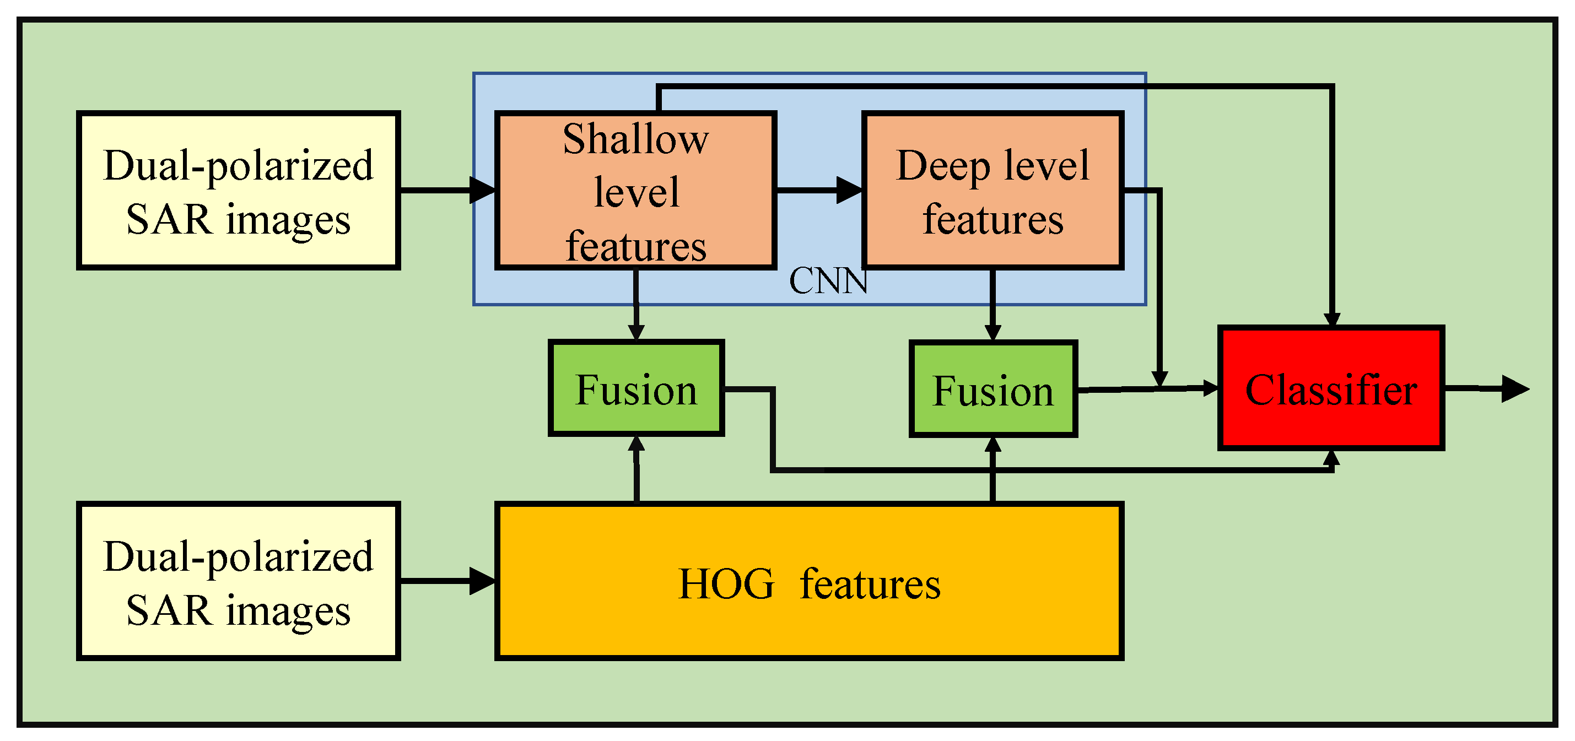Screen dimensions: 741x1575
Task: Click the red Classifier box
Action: click(x=1331, y=388)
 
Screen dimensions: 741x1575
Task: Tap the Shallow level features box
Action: click(x=635, y=190)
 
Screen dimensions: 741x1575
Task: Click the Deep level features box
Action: click(x=993, y=190)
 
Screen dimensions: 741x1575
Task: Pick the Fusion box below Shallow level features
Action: click(x=636, y=388)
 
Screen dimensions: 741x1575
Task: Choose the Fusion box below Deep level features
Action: click(x=993, y=389)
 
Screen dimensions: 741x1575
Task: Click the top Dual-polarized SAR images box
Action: click(x=238, y=190)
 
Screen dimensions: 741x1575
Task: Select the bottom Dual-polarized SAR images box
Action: click(x=238, y=581)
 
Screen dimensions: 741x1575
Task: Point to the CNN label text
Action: click(x=828, y=281)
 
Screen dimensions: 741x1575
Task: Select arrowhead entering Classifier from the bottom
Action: click(x=1331, y=458)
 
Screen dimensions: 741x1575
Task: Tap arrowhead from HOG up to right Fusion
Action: click(x=993, y=445)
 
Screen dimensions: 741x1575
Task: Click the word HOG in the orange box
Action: click(x=726, y=584)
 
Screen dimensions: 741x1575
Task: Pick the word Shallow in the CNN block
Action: click(x=635, y=139)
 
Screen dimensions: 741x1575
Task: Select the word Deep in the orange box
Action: click(x=942, y=166)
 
